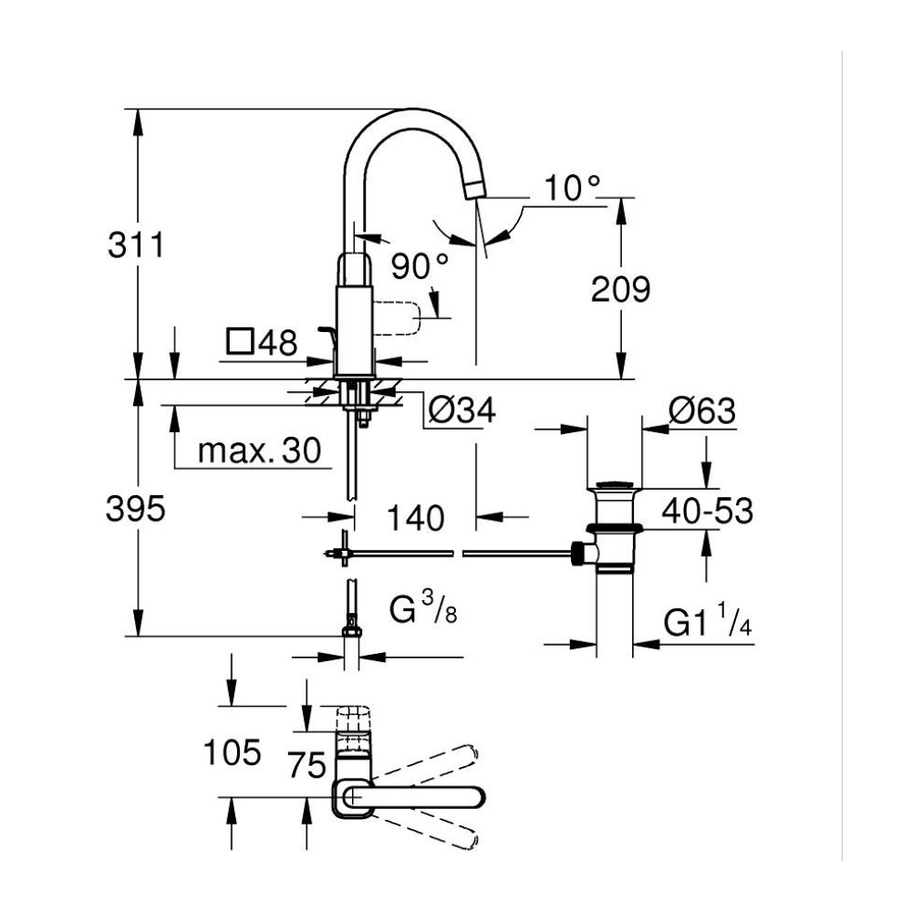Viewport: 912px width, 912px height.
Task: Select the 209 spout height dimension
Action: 620,290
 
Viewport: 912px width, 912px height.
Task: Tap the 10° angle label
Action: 574,188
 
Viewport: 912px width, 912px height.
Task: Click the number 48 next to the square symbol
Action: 277,343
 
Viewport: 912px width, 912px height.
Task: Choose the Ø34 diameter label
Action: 461,411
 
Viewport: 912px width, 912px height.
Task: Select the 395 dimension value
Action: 136,508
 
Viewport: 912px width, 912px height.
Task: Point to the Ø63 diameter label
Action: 701,410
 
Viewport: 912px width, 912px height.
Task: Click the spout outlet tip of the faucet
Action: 473,188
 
